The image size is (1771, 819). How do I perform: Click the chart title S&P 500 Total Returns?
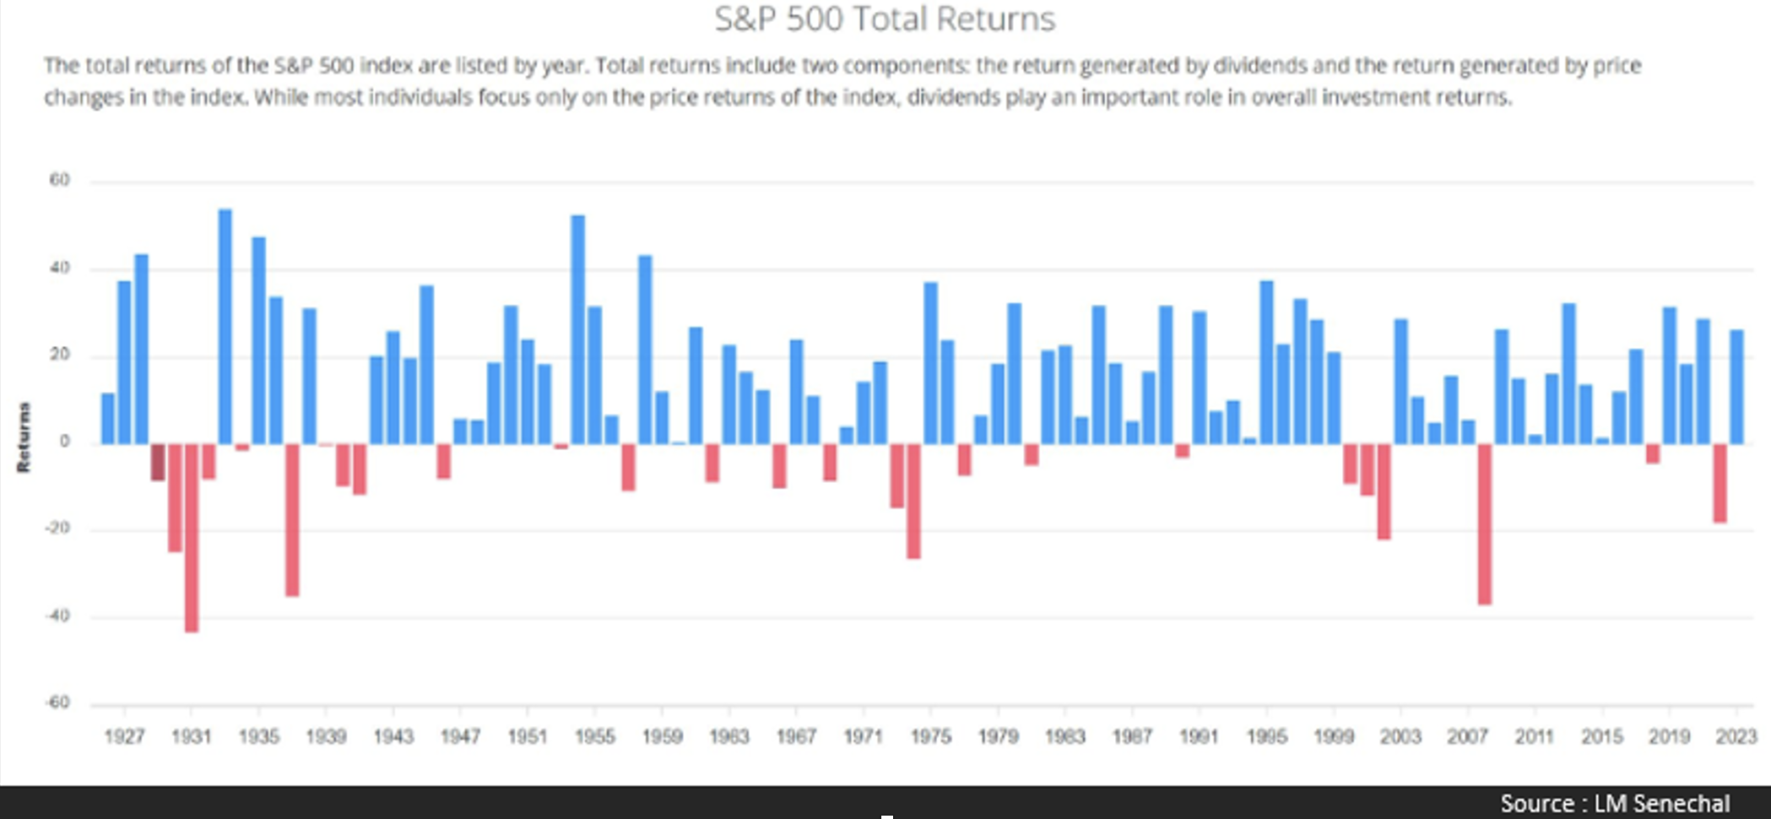(885, 19)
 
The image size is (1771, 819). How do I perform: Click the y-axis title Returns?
(24, 437)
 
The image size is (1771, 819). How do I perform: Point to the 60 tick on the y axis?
(59, 180)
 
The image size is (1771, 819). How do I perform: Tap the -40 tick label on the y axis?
(57, 616)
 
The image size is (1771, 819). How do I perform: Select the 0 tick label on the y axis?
(64, 442)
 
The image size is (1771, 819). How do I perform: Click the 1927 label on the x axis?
(124, 737)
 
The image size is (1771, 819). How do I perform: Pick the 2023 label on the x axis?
(1736, 737)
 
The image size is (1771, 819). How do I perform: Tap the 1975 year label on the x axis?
(930, 737)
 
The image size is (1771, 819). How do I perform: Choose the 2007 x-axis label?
(1467, 737)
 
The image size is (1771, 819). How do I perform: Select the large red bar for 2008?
(1485, 523)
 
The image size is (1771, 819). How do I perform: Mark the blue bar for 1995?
(1266, 362)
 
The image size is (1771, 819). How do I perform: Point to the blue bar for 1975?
(930, 363)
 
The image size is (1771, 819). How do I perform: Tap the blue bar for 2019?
(1669, 376)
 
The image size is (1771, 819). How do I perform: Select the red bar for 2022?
(1720, 483)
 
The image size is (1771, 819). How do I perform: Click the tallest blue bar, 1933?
(225, 326)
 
